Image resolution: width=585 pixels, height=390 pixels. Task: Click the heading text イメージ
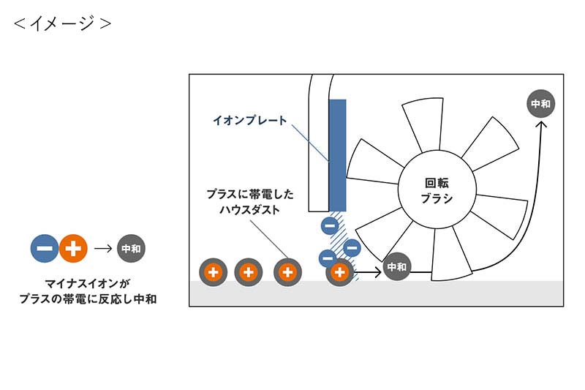(x=63, y=23)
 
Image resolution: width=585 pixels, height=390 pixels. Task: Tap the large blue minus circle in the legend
(x=45, y=249)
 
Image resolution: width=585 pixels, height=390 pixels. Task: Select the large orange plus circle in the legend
(x=73, y=249)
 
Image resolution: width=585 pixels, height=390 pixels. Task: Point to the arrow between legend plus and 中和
(x=102, y=249)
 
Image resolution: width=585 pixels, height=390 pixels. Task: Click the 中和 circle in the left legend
(x=131, y=249)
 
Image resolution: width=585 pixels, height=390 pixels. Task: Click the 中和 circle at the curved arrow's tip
(x=541, y=104)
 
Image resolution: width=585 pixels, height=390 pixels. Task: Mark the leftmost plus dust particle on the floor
(x=213, y=272)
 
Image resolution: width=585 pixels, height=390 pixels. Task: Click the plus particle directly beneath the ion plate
(x=339, y=272)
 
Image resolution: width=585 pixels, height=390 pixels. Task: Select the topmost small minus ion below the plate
(x=330, y=226)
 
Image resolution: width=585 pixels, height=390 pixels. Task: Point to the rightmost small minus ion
(x=352, y=248)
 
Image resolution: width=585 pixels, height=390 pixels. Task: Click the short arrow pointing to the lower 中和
(x=369, y=272)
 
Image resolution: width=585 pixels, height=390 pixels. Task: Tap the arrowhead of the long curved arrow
(x=541, y=125)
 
